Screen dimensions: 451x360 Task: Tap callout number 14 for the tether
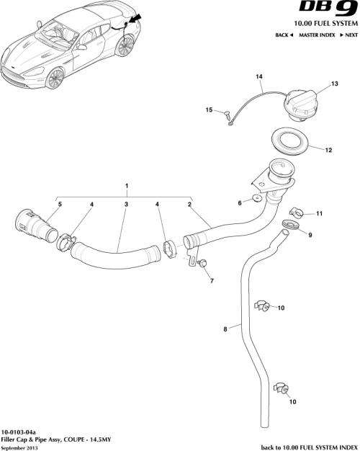pos(259,77)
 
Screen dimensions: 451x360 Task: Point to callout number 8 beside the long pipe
pos(225,329)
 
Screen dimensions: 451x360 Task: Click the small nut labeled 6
pos(256,197)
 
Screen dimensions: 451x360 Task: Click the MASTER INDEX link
pos(318,35)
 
